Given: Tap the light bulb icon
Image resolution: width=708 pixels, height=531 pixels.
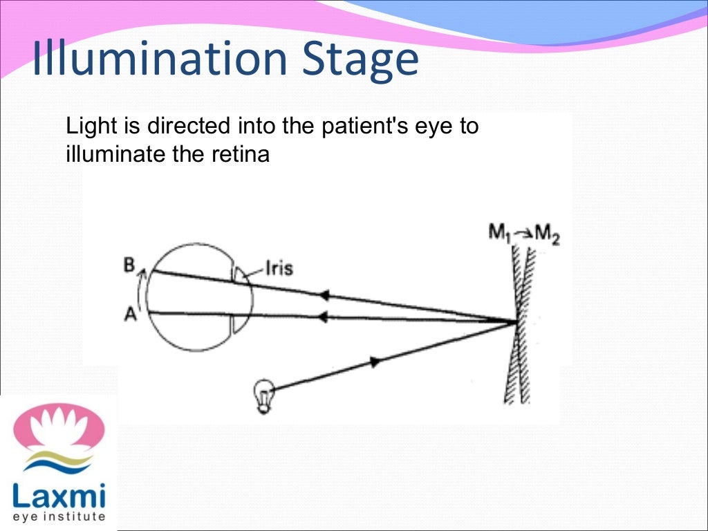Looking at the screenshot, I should (x=263, y=397).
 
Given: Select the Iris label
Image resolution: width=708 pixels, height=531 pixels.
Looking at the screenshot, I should (x=279, y=268).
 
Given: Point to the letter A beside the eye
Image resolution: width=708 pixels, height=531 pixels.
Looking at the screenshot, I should (x=129, y=314).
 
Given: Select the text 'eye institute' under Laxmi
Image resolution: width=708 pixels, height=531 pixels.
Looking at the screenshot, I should (x=59, y=516).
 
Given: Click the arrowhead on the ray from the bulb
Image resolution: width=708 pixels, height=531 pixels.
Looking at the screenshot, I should (x=375, y=361).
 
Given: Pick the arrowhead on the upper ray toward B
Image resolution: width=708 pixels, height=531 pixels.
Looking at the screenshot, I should (x=322, y=295).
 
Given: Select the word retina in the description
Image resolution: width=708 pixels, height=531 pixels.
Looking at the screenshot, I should (x=242, y=154).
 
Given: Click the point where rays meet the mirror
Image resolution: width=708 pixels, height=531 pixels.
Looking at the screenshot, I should (x=516, y=322).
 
